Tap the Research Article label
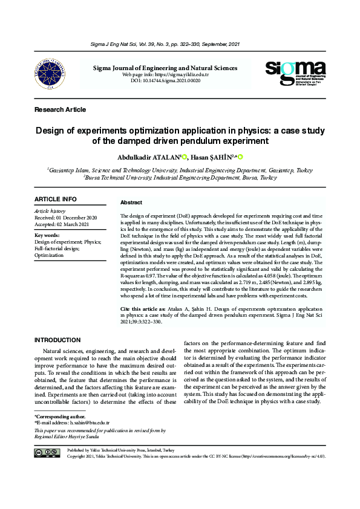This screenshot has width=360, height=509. coord(61,109)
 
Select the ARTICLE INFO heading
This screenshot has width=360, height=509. coord(56,199)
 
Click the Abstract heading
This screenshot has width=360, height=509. coord(131,203)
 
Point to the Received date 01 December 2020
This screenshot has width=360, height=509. coord(65,218)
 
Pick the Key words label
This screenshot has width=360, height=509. coord(47,235)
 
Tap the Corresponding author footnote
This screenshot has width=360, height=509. coord(60,417)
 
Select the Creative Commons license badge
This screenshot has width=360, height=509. coord(47,453)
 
